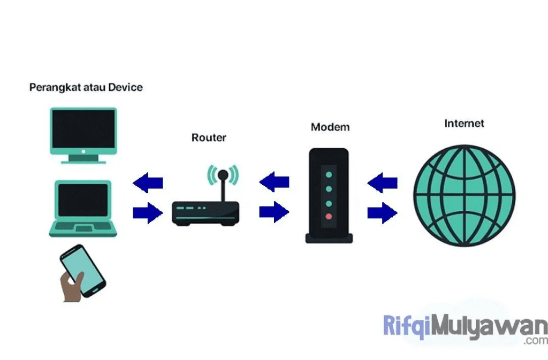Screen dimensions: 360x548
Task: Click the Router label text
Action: pyautogui.click(x=209, y=137)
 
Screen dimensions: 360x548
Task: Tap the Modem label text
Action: pyautogui.click(x=330, y=127)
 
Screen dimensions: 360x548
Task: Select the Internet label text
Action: pyautogui.click(x=464, y=124)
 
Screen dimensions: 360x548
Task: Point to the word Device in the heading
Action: pyautogui.click(x=126, y=87)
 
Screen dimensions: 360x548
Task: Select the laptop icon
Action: pyautogui.click(x=83, y=209)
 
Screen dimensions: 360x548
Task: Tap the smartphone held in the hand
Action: pyautogui.click(x=83, y=271)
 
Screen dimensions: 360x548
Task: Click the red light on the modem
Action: pyautogui.click(x=329, y=217)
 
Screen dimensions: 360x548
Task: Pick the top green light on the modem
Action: pyautogui.click(x=329, y=175)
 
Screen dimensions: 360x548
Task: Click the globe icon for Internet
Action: pyautogui.click(x=464, y=195)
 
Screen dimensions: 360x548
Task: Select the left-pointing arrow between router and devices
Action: pyautogui.click(x=148, y=183)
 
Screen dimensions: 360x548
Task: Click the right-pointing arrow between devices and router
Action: pyautogui.click(x=148, y=213)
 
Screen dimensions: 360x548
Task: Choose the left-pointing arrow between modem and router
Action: pyautogui.click(x=274, y=182)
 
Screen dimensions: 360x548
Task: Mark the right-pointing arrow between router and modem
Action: pyautogui.click(x=274, y=212)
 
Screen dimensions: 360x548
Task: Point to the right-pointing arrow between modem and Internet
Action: pyautogui.click(x=382, y=213)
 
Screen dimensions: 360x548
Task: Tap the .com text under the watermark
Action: pyautogui.click(x=536, y=341)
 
